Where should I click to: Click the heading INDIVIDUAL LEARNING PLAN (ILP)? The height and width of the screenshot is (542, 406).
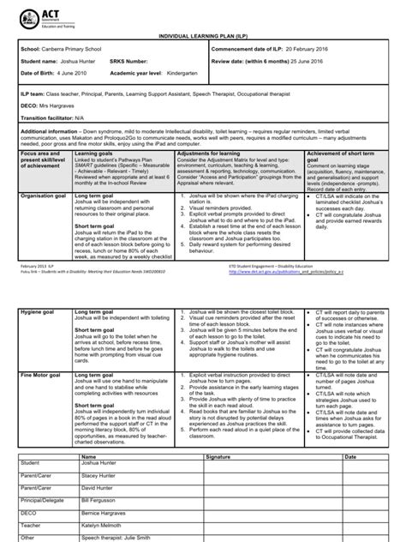pyautogui.click(x=201, y=39)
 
